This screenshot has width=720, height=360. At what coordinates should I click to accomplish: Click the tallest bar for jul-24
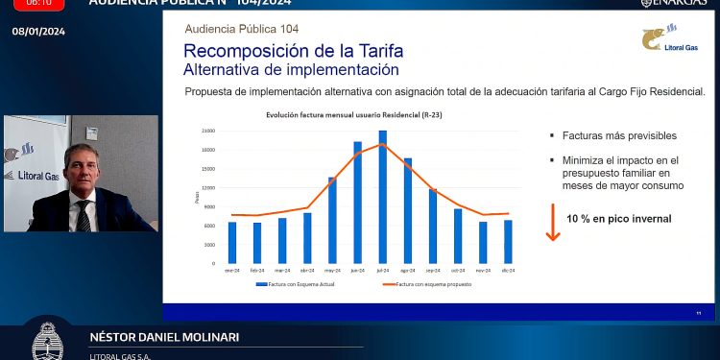[382, 197]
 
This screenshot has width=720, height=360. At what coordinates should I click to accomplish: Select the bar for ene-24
[231, 242]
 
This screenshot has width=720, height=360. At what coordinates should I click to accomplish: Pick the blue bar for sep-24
[433, 226]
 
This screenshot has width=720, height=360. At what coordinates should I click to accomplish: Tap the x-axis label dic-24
[508, 272]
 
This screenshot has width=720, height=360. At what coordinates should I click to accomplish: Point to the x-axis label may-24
[332, 272]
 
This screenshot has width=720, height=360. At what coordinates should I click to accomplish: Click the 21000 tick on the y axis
[207, 131]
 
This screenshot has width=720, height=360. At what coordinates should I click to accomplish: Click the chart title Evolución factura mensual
[333, 115]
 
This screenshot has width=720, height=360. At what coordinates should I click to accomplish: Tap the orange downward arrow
[553, 223]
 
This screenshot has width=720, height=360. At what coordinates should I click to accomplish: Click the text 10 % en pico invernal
[618, 219]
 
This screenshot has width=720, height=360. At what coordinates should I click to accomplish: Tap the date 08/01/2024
[37, 32]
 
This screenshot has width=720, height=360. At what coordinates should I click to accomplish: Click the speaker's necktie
[84, 213]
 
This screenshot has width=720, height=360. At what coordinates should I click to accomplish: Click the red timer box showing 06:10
[38, 3]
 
